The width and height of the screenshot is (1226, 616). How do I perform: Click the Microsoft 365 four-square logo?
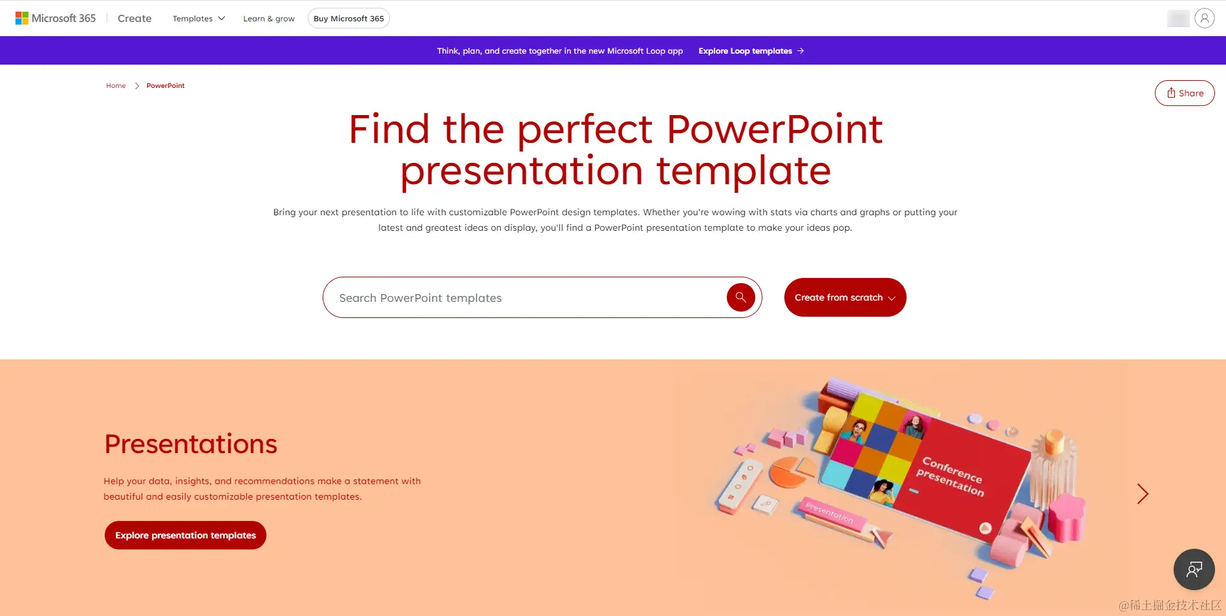click(x=22, y=18)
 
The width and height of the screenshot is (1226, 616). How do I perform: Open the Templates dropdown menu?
click(x=199, y=18)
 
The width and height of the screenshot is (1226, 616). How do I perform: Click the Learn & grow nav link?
click(x=269, y=19)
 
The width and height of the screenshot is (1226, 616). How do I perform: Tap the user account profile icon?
click(x=1204, y=18)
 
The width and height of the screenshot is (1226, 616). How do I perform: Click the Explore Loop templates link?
click(x=751, y=50)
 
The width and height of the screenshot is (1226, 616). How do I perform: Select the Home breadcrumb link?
click(x=116, y=85)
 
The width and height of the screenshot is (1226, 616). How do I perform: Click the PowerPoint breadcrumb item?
click(x=166, y=85)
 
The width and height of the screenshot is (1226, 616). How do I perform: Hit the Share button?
click(x=1185, y=93)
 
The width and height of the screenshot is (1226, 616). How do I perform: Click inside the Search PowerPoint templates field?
click(x=524, y=297)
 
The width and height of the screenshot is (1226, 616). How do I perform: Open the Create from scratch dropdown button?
click(x=845, y=297)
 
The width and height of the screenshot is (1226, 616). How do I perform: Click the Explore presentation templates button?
click(x=186, y=535)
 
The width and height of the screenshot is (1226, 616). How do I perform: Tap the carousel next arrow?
click(x=1143, y=494)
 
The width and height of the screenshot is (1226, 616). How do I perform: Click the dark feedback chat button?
click(x=1194, y=569)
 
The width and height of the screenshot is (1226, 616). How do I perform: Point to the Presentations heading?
click(x=191, y=444)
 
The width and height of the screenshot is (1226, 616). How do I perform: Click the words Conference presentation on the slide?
click(x=951, y=476)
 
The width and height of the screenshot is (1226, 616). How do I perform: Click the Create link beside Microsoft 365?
click(x=134, y=18)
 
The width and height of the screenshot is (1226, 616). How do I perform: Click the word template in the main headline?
click(x=744, y=171)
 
